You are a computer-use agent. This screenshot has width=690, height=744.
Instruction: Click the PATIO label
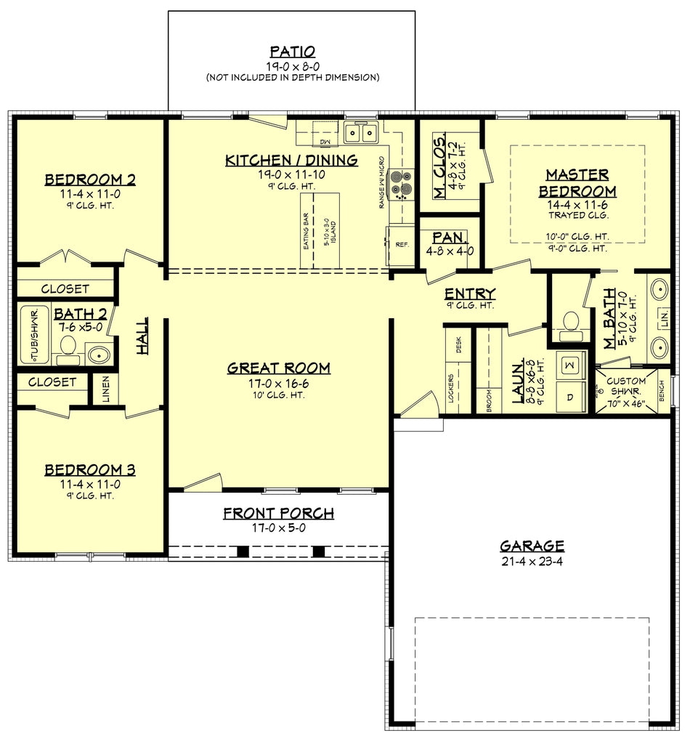[292, 52]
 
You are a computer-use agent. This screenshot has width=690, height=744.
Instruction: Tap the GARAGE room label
[532, 546]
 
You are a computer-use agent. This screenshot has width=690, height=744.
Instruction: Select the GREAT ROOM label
[278, 368]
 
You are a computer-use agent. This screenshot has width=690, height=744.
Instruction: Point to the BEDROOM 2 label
[90, 179]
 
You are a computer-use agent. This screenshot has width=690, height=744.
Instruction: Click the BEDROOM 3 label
[90, 469]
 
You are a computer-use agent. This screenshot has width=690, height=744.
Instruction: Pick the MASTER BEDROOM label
[577, 183]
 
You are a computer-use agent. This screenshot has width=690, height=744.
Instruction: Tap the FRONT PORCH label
[278, 514]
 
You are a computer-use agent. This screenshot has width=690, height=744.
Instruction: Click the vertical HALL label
[143, 336]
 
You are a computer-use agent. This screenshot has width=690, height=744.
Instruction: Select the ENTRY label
[470, 294]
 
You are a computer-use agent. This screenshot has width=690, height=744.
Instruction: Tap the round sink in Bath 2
[99, 355]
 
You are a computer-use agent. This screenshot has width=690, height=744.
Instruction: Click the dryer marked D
[570, 397]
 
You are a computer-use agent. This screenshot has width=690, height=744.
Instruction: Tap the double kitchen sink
[361, 133]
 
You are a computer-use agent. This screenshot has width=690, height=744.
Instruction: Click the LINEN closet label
[106, 390]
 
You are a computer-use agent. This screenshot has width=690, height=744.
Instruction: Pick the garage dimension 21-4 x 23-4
[532, 562]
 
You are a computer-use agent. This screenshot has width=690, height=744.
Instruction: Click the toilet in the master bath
[572, 323]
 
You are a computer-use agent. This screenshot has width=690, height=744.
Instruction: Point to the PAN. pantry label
[450, 238]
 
